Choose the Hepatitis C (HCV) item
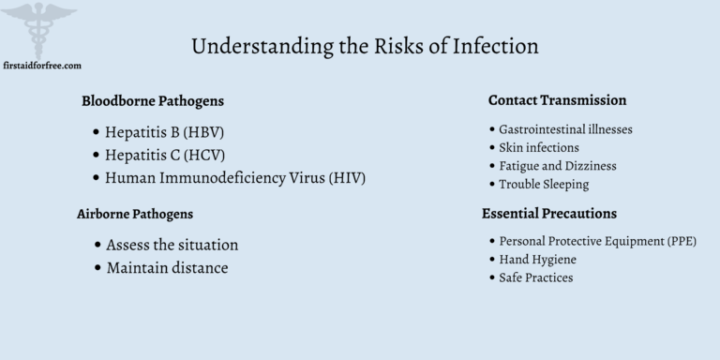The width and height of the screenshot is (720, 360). click(x=164, y=154)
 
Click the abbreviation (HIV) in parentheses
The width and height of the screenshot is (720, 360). click(x=346, y=177)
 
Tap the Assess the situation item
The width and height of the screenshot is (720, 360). click(x=172, y=245)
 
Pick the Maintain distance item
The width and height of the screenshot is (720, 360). click(x=166, y=268)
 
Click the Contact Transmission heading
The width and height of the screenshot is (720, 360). click(x=557, y=99)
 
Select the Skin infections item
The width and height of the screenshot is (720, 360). click(x=539, y=147)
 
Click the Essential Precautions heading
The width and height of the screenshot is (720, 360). click(x=548, y=214)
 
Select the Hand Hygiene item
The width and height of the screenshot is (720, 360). click(x=537, y=259)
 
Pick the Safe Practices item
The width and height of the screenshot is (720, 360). click(x=535, y=277)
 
